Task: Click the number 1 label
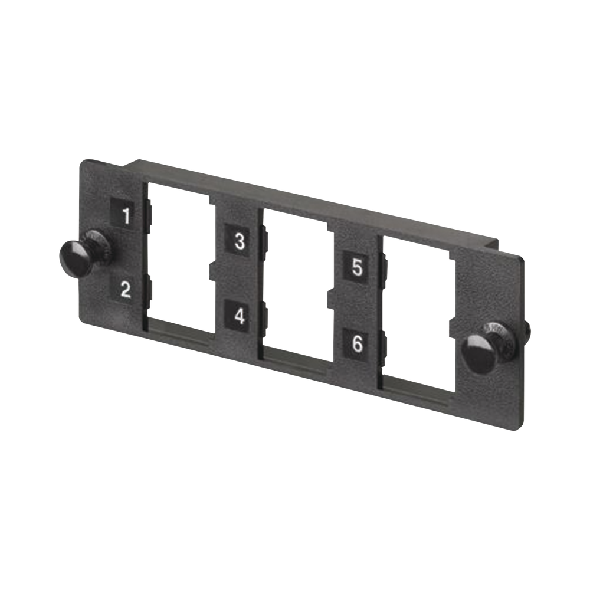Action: (125, 215)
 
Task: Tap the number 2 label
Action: (125, 290)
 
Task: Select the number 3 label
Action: (240, 241)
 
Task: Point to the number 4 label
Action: (239, 316)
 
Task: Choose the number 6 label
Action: (357, 343)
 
